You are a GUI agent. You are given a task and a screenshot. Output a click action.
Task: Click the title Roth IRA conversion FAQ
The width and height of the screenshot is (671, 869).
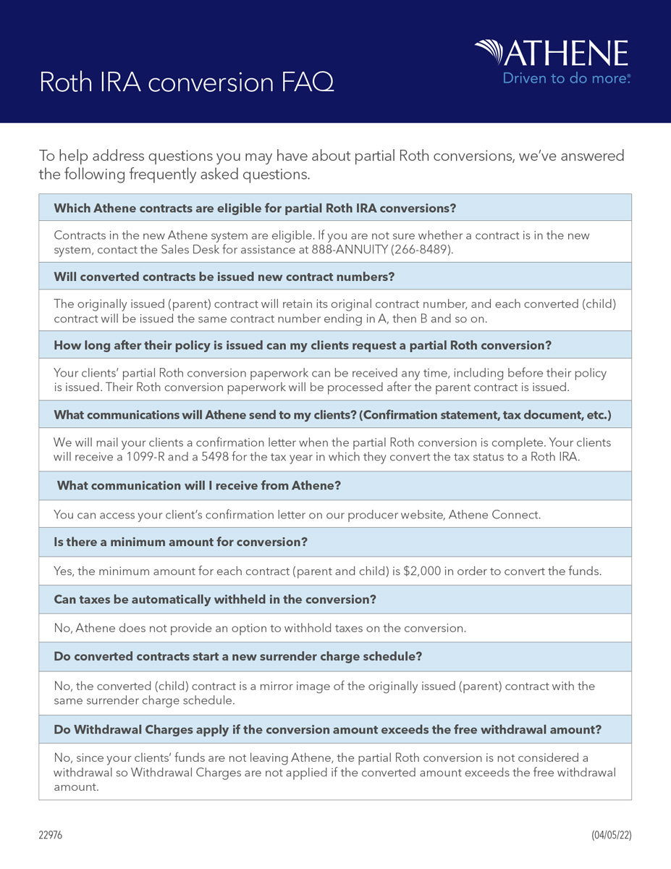click(186, 83)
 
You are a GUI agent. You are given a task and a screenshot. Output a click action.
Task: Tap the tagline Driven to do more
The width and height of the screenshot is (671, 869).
click(566, 78)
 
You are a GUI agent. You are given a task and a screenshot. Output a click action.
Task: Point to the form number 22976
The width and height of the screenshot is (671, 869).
click(51, 835)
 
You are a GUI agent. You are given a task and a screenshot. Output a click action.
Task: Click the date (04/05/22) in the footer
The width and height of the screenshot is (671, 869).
click(611, 835)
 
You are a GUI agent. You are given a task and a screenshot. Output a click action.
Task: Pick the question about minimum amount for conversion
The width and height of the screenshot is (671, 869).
click(181, 542)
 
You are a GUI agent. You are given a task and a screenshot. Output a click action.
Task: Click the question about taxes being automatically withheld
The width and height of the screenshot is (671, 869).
click(215, 600)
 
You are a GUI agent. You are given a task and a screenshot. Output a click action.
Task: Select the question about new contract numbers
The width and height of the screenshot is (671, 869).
click(224, 277)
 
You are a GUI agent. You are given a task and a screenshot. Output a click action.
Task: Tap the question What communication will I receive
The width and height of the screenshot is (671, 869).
click(198, 485)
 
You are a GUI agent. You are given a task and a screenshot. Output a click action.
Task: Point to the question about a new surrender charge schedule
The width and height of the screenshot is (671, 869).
click(237, 657)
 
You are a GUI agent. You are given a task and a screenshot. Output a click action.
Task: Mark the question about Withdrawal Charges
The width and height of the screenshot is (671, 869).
click(327, 729)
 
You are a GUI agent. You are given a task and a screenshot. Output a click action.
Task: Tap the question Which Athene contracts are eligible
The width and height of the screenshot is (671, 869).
click(255, 208)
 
